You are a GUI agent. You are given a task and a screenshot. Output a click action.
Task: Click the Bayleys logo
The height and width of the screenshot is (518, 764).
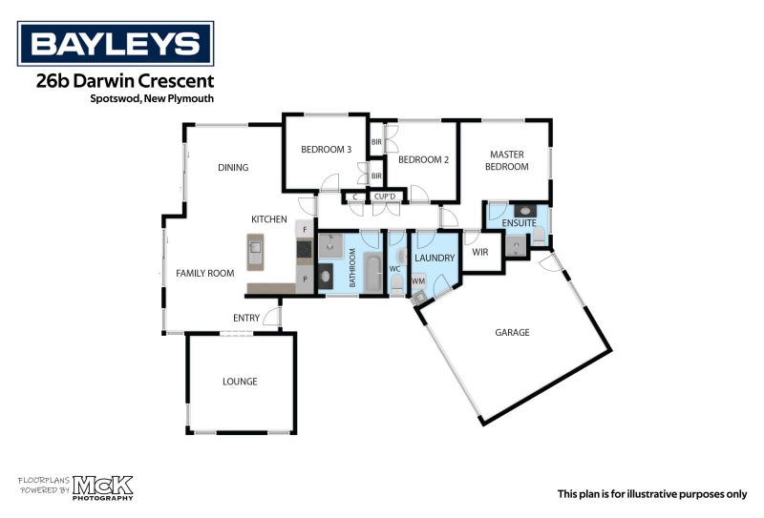click(116, 43)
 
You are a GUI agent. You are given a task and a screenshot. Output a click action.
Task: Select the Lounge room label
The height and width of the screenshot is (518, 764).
click(240, 382)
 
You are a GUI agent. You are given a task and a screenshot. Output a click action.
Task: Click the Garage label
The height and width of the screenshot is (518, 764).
click(512, 333)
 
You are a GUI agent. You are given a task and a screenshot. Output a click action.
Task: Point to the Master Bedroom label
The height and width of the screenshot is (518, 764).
click(509, 160)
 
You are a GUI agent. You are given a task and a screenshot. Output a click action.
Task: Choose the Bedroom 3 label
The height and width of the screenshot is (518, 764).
click(326, 149)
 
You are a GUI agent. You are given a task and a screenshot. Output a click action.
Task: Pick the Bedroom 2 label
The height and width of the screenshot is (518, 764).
click(423, 159)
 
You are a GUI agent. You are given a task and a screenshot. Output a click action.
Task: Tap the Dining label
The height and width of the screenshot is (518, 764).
click(233, 168)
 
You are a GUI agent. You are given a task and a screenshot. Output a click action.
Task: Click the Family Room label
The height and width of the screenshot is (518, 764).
click(204, 274)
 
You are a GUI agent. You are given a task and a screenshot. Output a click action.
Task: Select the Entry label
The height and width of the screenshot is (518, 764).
click(245, 318)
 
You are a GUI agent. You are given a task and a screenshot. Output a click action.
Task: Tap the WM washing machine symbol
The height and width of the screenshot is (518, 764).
click(418, 281)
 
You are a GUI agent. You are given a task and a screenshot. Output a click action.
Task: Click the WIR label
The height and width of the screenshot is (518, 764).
click(480, 252)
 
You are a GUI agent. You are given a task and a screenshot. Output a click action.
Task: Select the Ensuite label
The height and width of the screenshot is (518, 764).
click(519, 224)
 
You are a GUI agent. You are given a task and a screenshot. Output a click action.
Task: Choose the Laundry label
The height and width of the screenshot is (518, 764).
click(435, 258)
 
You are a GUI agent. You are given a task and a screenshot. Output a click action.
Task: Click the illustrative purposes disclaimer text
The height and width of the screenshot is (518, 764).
click(652, 494)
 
